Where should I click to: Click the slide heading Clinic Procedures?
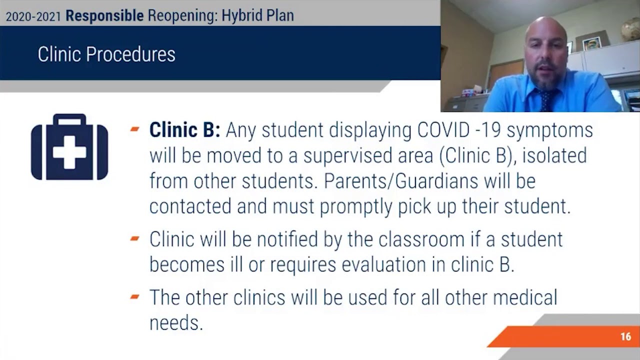pos(106,54)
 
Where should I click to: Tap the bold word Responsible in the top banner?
pos(104,15)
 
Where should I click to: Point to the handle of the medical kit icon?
pos(69,121)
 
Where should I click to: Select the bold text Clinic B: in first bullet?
pos(184,130)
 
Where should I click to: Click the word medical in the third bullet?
pos(524,297)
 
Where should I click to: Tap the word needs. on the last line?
pos(176,323)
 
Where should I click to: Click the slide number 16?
pos(625,336)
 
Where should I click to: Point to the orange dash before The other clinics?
pos(134,296)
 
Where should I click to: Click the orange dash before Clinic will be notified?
pos(134,238)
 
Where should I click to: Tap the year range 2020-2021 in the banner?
pos(33,16)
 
